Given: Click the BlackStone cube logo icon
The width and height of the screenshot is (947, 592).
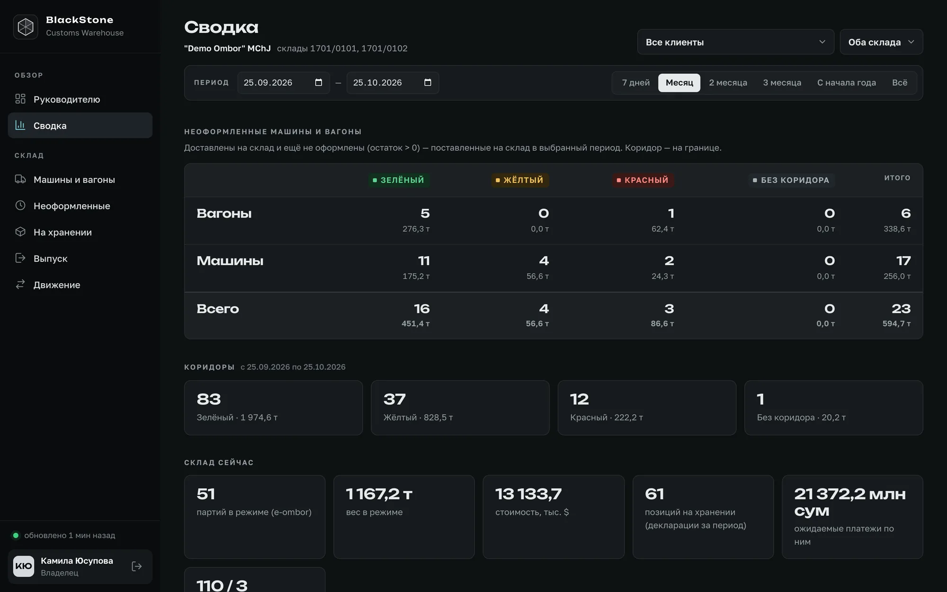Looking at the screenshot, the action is (26, 27).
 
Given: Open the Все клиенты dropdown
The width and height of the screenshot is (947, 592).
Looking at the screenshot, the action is (735, 42).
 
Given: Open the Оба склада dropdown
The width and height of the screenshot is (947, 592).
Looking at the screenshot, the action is (881, 42).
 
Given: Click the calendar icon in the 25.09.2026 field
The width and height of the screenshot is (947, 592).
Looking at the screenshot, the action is (319, 82).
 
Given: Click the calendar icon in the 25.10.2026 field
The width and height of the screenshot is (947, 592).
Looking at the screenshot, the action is (428, 82).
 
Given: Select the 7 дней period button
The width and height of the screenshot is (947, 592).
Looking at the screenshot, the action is (635, 83).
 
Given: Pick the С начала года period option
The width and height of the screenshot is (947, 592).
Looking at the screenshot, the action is (846, 83).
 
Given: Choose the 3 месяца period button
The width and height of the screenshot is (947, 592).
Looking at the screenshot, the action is (782, 83).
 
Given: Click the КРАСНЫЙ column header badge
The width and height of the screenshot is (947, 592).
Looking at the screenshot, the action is (643, 180).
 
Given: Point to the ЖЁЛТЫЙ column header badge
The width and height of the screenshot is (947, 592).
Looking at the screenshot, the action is (520, 180).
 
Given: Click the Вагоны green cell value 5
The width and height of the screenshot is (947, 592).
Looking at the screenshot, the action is (425, 213).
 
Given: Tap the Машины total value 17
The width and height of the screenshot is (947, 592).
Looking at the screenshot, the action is (903, 260).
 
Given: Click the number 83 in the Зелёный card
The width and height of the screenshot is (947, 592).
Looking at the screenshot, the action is (209, 399).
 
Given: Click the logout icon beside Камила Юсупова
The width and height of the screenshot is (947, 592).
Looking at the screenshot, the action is (137, 566).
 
